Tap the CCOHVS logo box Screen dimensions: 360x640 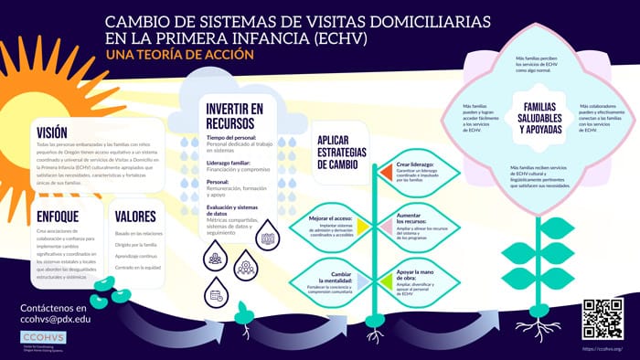click(x=43, y=340)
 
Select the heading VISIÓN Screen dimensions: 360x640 click(x=53, y=130)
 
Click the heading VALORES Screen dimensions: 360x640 click(x=135, y=217)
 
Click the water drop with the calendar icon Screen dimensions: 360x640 click(x=218, y=294)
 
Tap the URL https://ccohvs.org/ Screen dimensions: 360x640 click(x=602, y=348)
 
